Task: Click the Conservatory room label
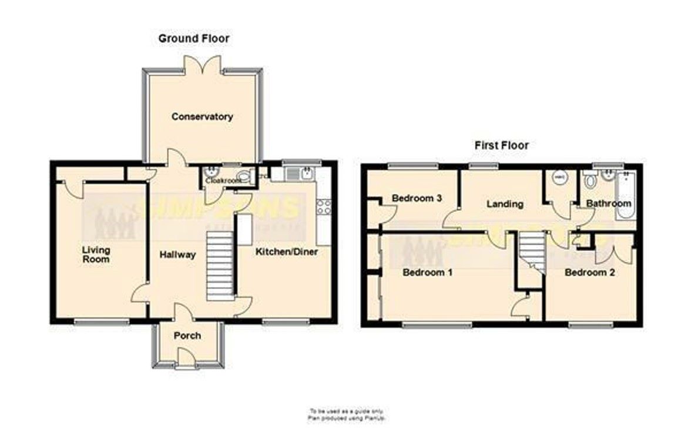click(202, 117)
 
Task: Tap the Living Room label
click(96, 254)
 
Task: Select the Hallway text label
click(177, 254)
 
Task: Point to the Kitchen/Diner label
click(286, 252)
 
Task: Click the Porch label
click(187, 336)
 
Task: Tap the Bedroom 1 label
click(427, 273)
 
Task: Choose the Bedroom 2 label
click(589, 273)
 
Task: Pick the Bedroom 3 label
click(417, 198)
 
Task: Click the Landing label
click(505, 204)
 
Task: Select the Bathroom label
click(609, 203)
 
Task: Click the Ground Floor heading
click(194, 39)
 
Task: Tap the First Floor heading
click(501, 145)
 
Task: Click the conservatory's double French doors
click(203, 65)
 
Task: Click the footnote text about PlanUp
click(345, 414)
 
